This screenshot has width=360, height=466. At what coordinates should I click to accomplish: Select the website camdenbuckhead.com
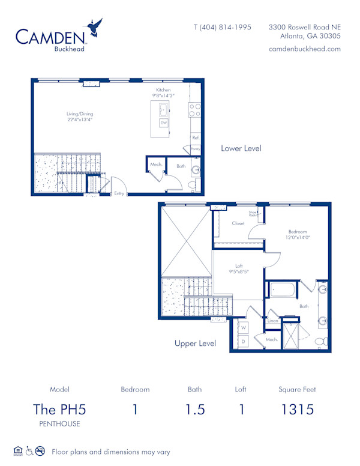click(x=304, y=49)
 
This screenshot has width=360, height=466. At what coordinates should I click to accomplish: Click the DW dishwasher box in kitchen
click(x=163, y=123)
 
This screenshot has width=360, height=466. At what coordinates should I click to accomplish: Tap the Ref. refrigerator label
click(x=196, y=138)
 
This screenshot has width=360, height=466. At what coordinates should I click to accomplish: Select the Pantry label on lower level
click(x=195, y=148)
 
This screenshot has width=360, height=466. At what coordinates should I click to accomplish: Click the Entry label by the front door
click(x=119, y=193)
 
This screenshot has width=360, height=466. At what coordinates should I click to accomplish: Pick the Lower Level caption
click(x=241, y=148)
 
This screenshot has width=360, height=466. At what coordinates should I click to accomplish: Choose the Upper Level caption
click(x=195, y=343)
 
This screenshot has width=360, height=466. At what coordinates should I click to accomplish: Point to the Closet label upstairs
click(x=238, y=223)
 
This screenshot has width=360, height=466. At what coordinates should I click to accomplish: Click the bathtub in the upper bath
click(x=283, y=290)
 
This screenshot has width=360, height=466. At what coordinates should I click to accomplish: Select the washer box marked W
click(x=244, y=328)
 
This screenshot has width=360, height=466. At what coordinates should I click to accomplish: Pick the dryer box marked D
click(x=244, y=341)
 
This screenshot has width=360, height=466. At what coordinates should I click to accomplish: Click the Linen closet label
click(x=272, y=321)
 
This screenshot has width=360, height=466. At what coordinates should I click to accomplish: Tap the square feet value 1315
click(x=297, y=410)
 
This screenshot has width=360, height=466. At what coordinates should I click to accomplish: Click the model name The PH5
click(x=59, y=410)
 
